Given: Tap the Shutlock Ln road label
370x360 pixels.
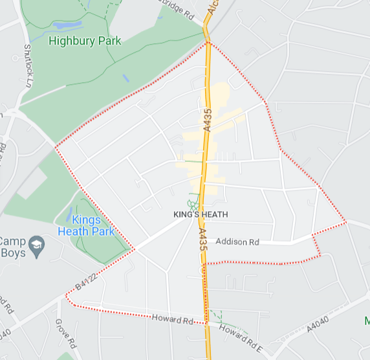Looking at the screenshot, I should (x=28, y=65).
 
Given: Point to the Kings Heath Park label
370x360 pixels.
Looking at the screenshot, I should (x=85, y=225).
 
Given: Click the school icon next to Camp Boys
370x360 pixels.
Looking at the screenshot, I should (x=38, y=243).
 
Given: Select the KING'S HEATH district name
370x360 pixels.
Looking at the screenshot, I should (x=201, y=214).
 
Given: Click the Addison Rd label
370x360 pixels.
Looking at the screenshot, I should (x=237, y=242).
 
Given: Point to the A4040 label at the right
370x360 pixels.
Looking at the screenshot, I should (x=318, y=320).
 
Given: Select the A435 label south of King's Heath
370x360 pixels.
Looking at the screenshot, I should (x=202, y=242).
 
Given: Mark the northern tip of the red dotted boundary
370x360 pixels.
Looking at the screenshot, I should (x=208, y=43).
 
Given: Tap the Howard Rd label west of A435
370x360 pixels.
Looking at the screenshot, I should (x=173, y=320).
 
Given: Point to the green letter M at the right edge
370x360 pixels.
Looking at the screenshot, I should (x=367, y=321).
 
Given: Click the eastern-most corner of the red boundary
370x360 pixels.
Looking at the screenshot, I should (x=347, y=221).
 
